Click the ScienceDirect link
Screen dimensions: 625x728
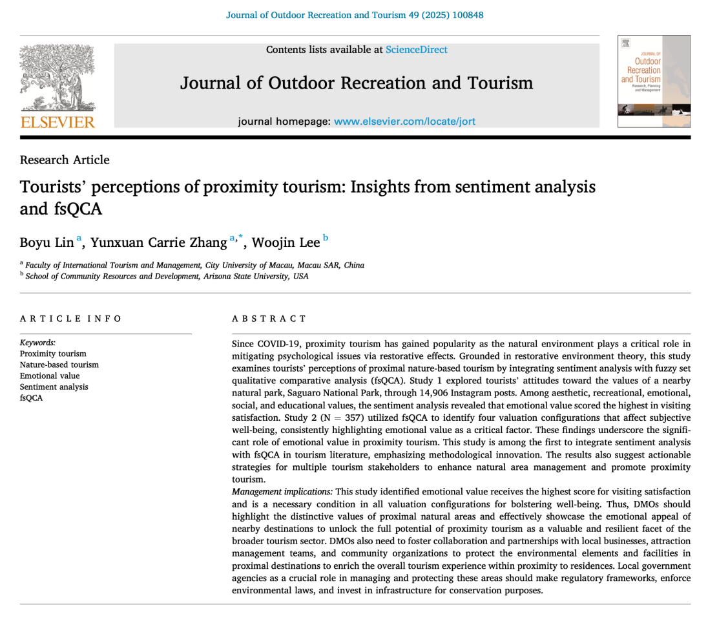coord(416,50)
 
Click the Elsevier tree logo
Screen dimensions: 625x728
coord(57,78)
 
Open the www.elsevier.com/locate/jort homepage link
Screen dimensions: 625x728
coord(404,122)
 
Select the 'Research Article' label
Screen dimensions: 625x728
coord(65,160)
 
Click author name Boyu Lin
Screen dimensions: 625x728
coord(47,242)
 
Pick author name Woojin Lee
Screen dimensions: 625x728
coord(285,242)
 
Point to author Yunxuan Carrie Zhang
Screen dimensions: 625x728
coord(158,242)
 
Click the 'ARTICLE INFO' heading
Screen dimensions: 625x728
coord(70,319)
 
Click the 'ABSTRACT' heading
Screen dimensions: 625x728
coord(269,319)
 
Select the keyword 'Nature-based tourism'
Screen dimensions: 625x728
coord(59,365)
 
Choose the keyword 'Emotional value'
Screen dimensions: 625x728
coord(50,376)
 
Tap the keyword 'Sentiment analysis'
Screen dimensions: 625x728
coord(54,387)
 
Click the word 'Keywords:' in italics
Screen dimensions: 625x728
coord(38,343)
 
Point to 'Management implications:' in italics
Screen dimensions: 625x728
coord(282,492)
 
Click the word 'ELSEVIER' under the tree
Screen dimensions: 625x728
coord(57,122)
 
